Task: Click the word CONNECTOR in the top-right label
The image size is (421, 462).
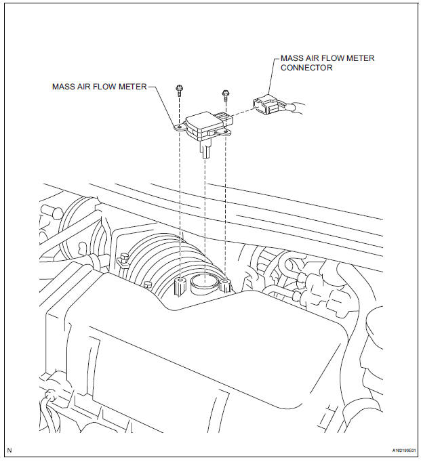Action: click(306, 68)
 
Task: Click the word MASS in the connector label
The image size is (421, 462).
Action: click(290, 58)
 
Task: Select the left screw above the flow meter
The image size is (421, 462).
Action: click(179, 91)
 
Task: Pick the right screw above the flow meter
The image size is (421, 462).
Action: click(226, 95)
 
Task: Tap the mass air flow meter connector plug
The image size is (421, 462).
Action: click(264, 104)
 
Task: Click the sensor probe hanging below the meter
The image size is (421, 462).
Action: click(205, 150)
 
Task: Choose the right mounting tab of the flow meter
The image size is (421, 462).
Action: click(224, 132)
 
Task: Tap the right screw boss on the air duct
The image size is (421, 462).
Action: click(225, 285)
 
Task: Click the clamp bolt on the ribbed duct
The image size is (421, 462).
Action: click(123, 260)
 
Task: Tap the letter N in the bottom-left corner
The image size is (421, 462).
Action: click(9, 450)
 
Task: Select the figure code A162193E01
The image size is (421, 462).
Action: click(404, 450)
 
